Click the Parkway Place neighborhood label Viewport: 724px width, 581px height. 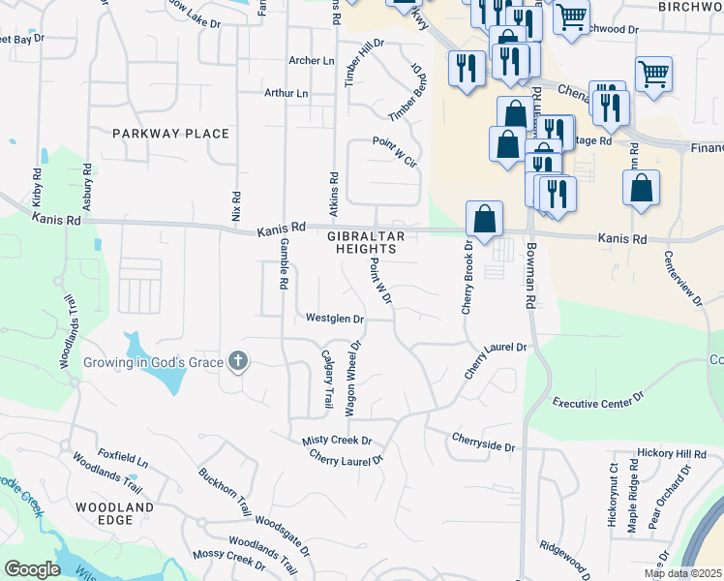[x=170, y=134]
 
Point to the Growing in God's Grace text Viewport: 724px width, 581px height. [x=153, y=363]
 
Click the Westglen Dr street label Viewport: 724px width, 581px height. [x=334, y=318]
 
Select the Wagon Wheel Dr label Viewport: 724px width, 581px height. [x=353, y=378]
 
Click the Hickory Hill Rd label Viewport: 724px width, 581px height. [x=672, y=453]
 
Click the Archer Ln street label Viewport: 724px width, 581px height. [x=311, y=60]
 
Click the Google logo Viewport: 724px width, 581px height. [x=31, y=569]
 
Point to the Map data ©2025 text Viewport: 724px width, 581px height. [x=681, y=573]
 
